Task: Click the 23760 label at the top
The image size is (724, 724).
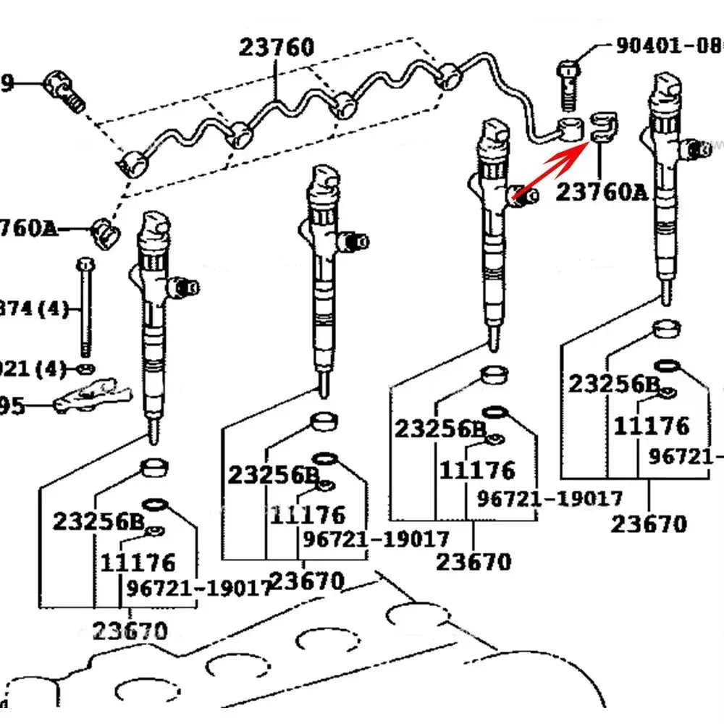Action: tap(277, 48)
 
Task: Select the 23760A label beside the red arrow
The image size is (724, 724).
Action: tap(601, 192)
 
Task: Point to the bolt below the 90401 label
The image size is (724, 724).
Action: tap(568, 83)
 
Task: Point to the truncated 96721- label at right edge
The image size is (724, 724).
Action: tap(685, 456)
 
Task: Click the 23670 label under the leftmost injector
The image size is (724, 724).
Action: tap(130, 631)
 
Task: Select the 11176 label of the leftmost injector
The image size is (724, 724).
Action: tap(138, 562)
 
